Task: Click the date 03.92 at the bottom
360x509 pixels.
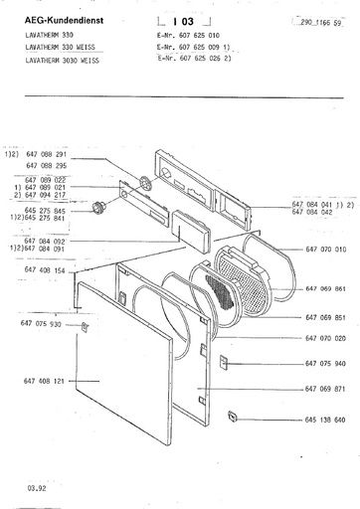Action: (x=23, y=490)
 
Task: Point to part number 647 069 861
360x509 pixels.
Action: (x=326, y=288)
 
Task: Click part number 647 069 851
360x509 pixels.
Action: (x=326, y=317)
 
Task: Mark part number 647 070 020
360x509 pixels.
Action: (x=326, y=339)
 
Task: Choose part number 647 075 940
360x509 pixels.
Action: (x=326, y=363)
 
